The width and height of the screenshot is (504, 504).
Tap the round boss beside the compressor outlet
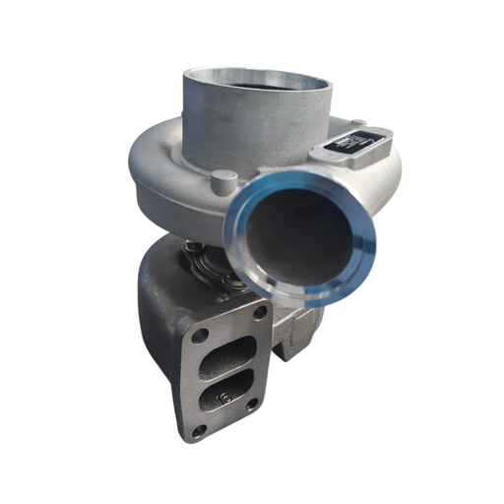click(225, 181)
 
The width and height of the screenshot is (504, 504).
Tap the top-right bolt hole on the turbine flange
click(259, 313)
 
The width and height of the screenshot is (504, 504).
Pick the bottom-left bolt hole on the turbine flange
click(199, 430)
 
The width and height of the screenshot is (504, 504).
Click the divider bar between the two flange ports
click(228, 372)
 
